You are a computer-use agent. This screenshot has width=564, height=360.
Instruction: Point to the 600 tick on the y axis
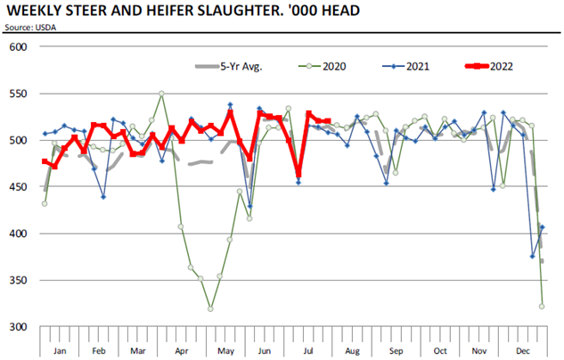[x=18, y=47]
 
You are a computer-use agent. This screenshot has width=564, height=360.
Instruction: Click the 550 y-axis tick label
[x=18, y=94]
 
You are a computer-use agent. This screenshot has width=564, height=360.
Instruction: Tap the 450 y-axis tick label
[x=18, y=187]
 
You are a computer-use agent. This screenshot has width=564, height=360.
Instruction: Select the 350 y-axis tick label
[x=18, y=281]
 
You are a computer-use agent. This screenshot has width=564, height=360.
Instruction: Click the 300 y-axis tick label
[x=18, y=327]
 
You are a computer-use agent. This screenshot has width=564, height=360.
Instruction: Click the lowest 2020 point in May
[x=210, y=309]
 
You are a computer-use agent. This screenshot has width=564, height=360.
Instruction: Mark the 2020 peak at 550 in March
[x=161, y=93]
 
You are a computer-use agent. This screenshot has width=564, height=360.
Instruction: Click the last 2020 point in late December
[x=542, y=306]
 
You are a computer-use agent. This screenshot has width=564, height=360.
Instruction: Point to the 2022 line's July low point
[x=298, y=176]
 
